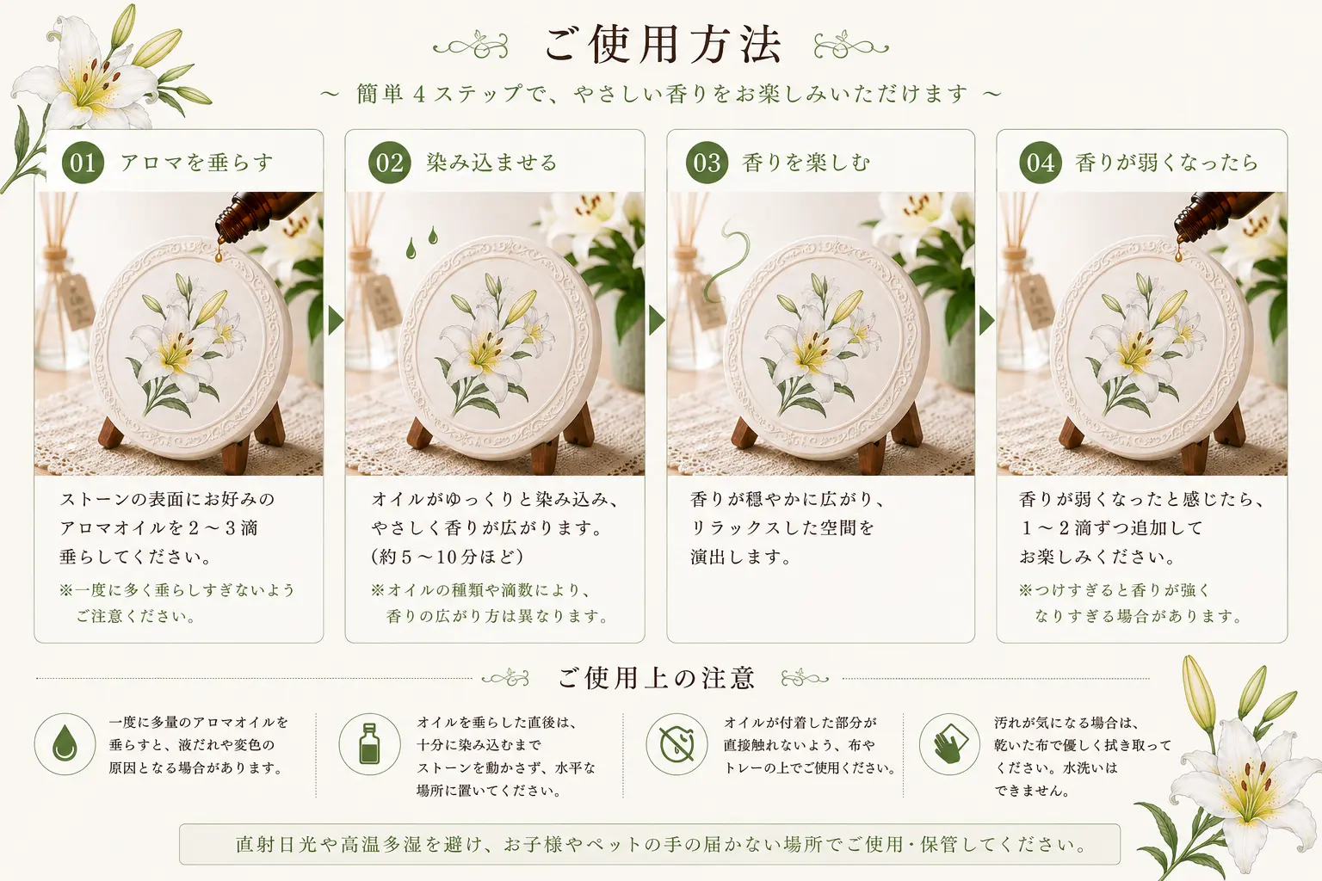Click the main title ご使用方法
tap(662, 44)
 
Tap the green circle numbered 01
tap(83, 163)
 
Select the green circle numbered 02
tap(390, 163)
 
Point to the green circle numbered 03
tap(707, 163)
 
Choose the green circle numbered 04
tap(1041, 163)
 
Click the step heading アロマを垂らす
tap(197, 163)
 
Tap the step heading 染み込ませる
tap(491, 163)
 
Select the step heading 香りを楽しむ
tap(806, 163)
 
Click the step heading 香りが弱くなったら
tap(1166, 163)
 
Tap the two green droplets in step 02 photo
tap(422, 242)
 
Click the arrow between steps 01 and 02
tap(335, 320)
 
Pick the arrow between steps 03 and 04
tap(986, 320)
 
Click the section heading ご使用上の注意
tap(657, 678)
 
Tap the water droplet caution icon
tap(65, 744)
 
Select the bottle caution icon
tap(369, 744)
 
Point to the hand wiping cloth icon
tap(949, 744)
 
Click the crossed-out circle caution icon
tap(676, 744)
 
